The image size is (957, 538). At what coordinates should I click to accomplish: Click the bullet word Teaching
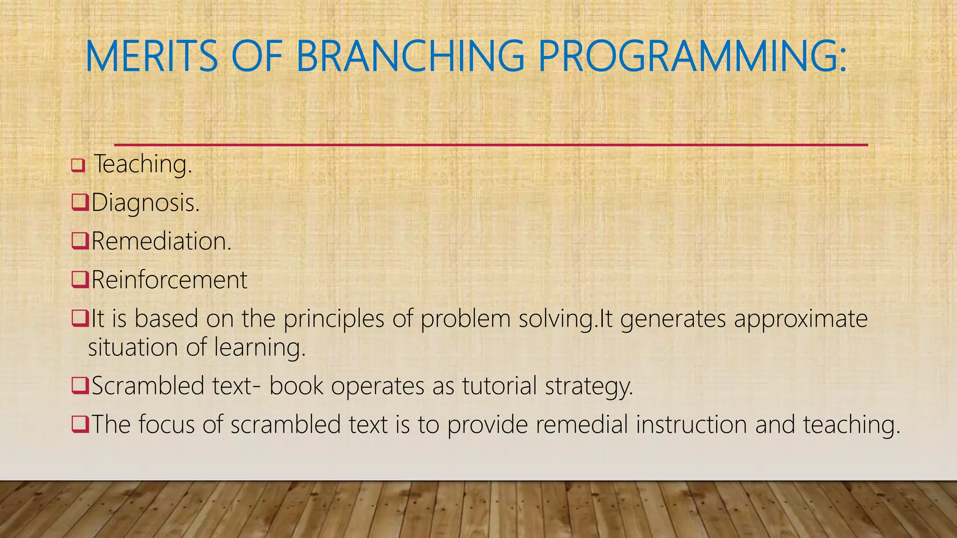(x=143, y=164)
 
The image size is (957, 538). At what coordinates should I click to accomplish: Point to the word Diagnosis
(x=145, y=203)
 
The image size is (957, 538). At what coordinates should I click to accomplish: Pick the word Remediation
(x=161, y=241)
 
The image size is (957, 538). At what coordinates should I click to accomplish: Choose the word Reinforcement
(x=169, y=280)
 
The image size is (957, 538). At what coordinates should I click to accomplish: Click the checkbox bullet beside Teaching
(x=78, y=165)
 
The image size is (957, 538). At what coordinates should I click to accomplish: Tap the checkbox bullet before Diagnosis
(x=79, y=203)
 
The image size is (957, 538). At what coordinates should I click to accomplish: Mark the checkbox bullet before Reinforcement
(x=79, y=280)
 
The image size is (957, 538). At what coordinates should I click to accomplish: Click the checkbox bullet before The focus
(x=79, y=424)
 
